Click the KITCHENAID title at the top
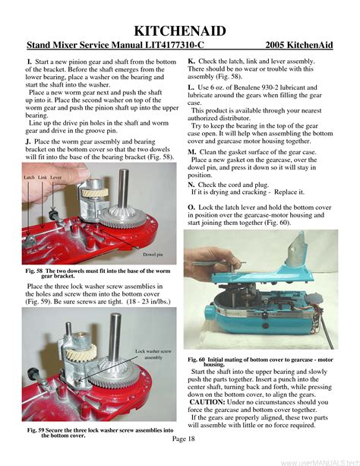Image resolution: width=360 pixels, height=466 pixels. coord(179,30)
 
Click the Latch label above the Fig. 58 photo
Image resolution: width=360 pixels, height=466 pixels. coord(30,176)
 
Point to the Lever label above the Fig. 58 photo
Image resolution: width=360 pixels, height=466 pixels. coord(56,176)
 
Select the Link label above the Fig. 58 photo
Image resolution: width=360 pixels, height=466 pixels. coord(43,176)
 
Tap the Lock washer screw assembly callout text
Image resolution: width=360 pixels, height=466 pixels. coord(152,353)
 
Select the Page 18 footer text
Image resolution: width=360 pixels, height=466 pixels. coord(183,439)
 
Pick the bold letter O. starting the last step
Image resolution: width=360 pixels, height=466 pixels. coord(191,207)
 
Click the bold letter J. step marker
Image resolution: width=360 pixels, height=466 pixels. coord(28,141)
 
